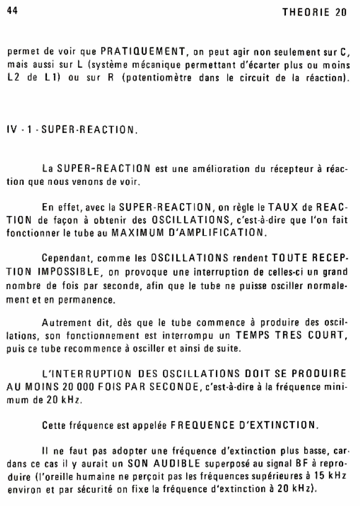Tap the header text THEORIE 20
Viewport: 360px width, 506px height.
[x=315, y=13]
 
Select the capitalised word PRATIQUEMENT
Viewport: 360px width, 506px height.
[x=142, y=51]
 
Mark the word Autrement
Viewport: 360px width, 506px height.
[x=67, y=324]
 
